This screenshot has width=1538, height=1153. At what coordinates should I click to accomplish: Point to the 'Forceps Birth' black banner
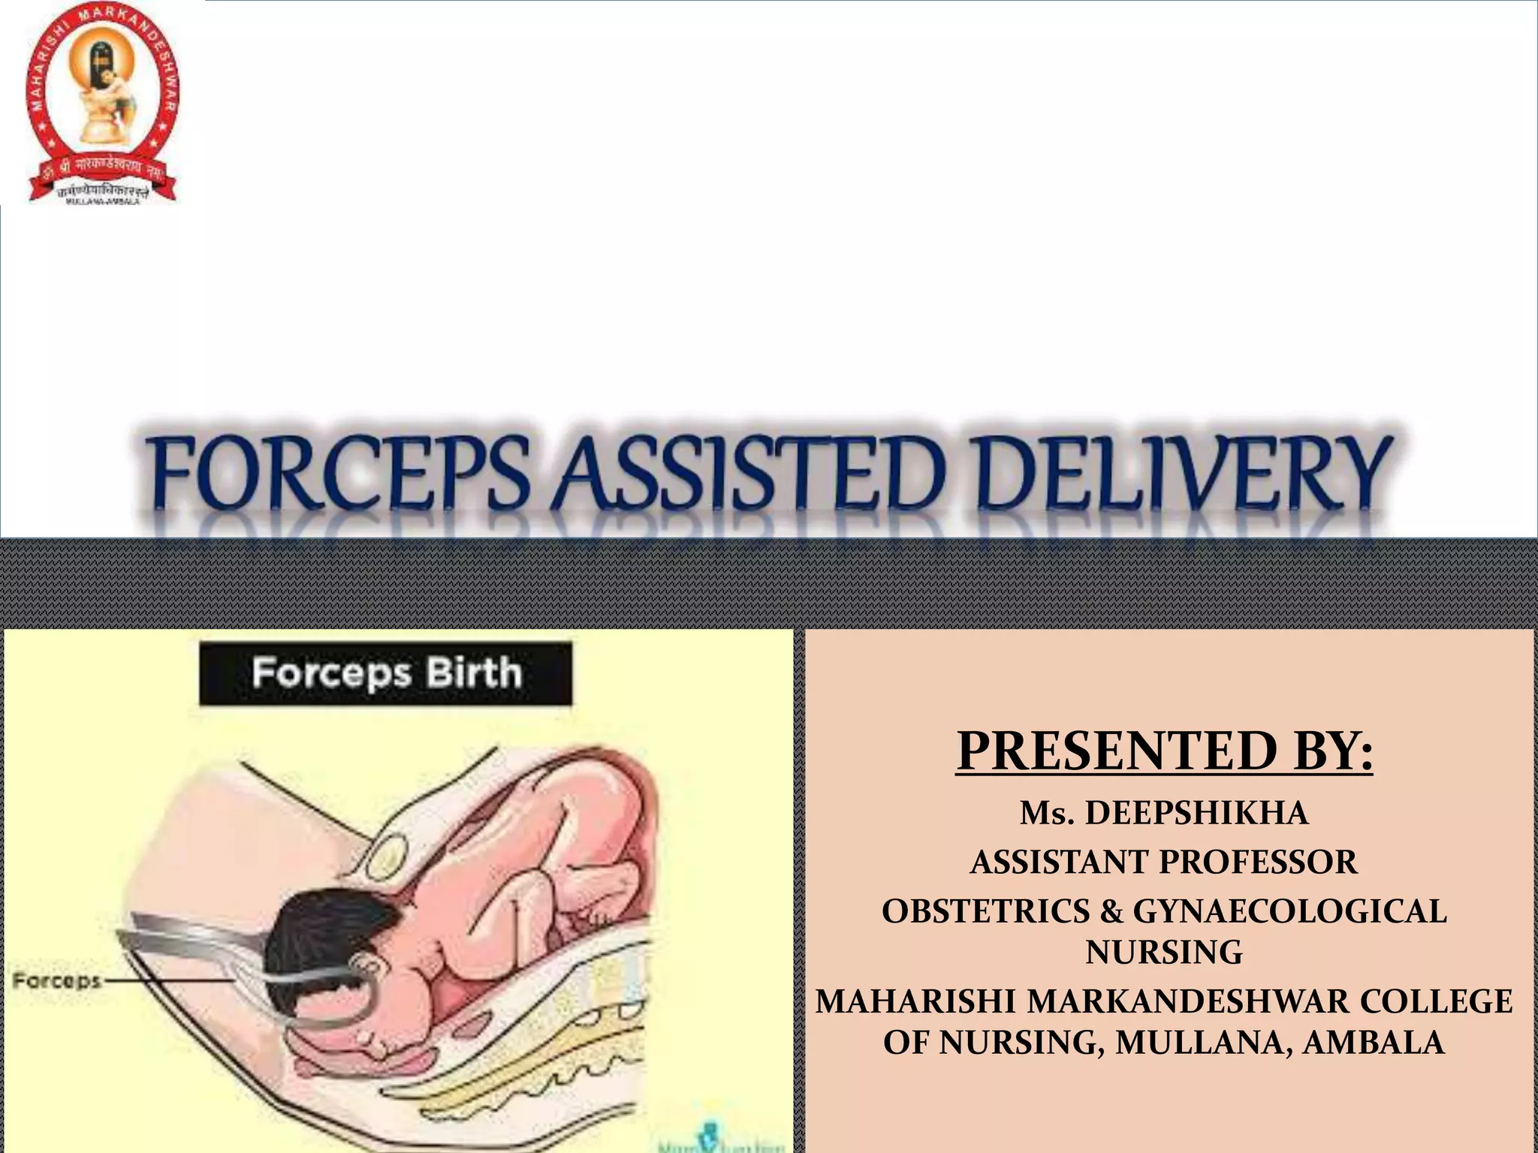coord(385,673)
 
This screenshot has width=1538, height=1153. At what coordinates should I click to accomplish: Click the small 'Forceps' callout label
coord(57,980)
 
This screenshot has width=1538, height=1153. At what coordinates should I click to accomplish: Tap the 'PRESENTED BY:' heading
coord(1164,751)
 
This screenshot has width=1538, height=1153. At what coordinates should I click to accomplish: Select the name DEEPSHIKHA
coord(1196,814)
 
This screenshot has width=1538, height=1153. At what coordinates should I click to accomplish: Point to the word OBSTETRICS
coord(985,911)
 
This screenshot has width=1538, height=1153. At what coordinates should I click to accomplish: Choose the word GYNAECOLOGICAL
coord(1289,911)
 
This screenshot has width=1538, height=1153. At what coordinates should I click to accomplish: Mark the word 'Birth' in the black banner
coord(474,673)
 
